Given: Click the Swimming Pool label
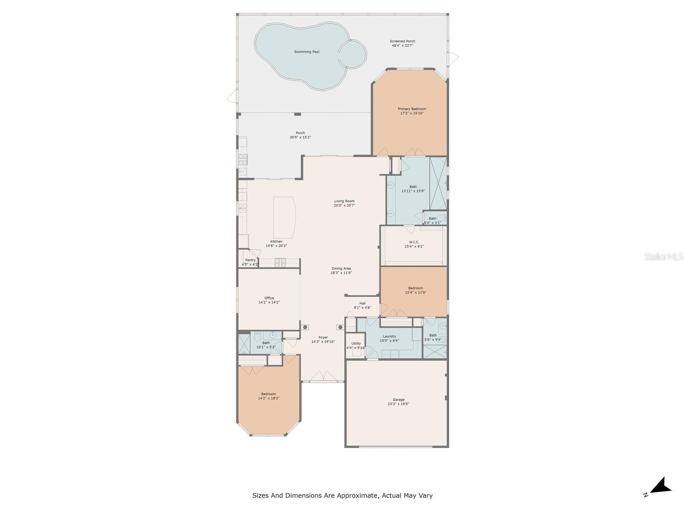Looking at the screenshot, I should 307,52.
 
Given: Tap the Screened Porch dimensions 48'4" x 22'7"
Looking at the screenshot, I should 402,45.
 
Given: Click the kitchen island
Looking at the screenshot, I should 284,218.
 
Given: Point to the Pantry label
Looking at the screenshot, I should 250,260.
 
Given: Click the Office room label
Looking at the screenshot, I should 269,298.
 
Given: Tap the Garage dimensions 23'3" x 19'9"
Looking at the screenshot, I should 398,404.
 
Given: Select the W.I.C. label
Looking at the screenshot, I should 414,242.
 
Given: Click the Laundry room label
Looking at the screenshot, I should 389,336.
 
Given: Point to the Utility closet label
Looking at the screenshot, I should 356,343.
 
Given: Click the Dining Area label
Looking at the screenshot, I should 341,268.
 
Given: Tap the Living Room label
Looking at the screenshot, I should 344,201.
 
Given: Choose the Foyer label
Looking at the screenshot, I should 323,337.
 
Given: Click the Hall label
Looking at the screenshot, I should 362,303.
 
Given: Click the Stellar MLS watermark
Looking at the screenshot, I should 663,257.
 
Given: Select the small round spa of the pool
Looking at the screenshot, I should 353,54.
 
